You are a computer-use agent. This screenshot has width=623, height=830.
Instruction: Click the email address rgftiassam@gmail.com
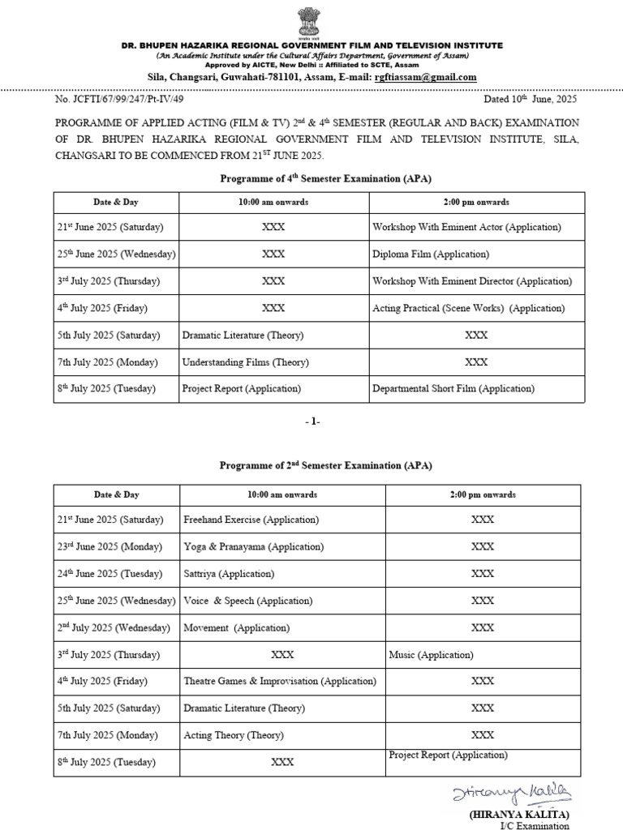pos(424,77)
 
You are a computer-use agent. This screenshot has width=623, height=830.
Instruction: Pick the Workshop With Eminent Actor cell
pos(466,227)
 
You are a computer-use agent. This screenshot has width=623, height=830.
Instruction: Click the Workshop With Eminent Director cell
pos(471,281)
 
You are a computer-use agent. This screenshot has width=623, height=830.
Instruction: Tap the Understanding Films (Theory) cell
pos(245,362)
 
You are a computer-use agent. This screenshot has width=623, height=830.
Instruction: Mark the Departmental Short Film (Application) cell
pos(453,388)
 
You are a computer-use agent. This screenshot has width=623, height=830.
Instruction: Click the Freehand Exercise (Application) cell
pos(251,519)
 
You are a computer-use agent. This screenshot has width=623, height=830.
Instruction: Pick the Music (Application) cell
pos(431,654)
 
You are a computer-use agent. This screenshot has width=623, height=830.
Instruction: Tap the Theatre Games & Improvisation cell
pos(280,681)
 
